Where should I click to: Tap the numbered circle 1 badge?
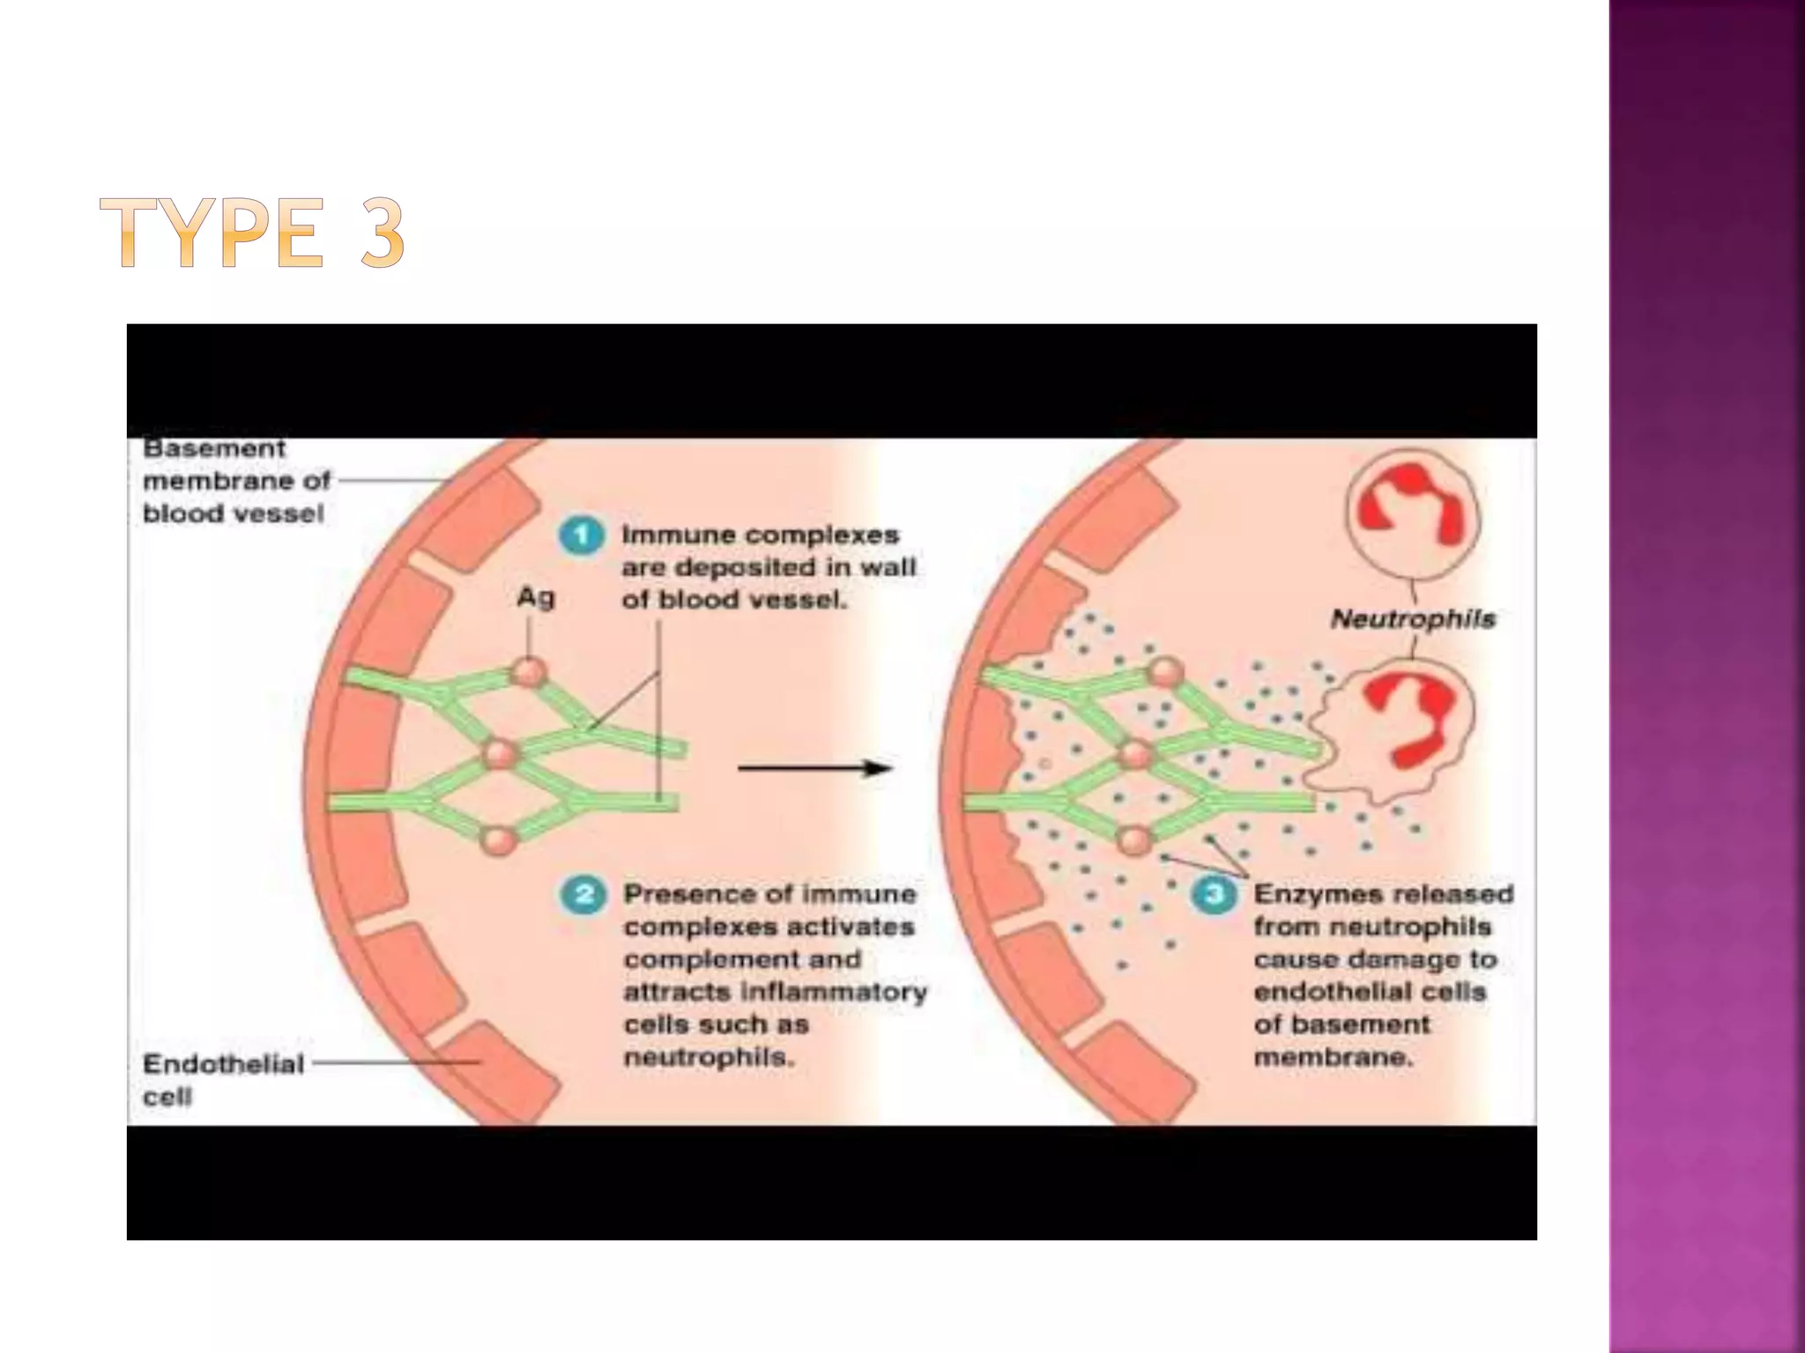click(x=582, y=536)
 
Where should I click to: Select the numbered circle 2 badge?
click(x=583, y=895)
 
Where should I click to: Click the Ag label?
click(x=536, y=598)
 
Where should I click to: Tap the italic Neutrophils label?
click(x=1413, y=618)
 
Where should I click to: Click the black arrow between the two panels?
click(x=814, y=768)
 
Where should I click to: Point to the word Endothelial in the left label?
click(x=223, y=1064)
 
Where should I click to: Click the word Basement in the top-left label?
click(x=214, y=448)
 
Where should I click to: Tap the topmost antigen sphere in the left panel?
click(x=529, y=674)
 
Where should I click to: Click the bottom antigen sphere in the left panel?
click(x=499, y=839)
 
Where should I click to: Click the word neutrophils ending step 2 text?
click(x=709, y=1057)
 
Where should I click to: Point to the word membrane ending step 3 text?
click(x=1333, y=1057)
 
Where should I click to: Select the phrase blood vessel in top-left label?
click(x=233, y=514)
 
